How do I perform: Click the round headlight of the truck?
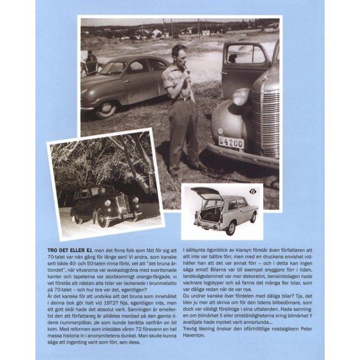click(241, 97)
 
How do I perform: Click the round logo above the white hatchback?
click(253, 191)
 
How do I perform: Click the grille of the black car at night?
click(123, 206)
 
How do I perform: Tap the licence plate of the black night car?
click(127, 216)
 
